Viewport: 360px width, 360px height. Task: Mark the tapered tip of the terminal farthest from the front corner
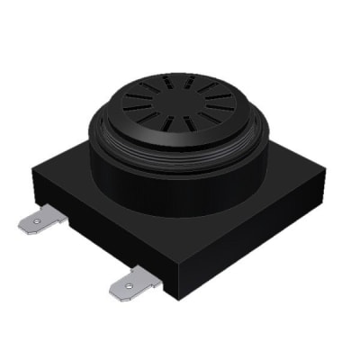point(23,226)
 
